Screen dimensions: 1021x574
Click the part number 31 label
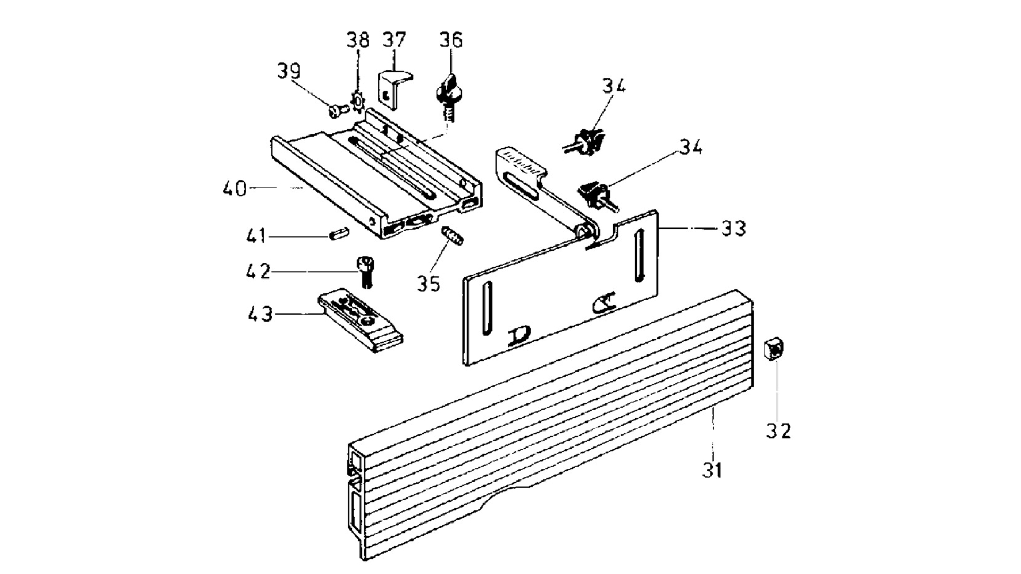pos(712,470)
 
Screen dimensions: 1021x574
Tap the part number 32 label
pos(779,430)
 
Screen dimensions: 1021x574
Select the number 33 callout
pos(734,229)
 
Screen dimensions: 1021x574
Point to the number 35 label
pos(429,284)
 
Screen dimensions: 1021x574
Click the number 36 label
pos(451,40)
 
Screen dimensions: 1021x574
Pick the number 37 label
pos(395,39)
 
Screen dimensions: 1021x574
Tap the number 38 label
pos(358,40)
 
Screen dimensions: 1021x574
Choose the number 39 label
pos(289,71)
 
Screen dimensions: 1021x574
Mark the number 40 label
pos(235,189)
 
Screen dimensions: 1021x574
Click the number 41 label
pos(256,235)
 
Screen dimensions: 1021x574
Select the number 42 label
pos(258,272)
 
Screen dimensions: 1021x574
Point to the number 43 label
pos(261,314)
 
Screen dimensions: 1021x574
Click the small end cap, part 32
pos(774,349)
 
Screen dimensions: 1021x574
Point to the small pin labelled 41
pos(339,234)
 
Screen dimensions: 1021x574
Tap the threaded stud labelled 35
pos(452,235)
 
